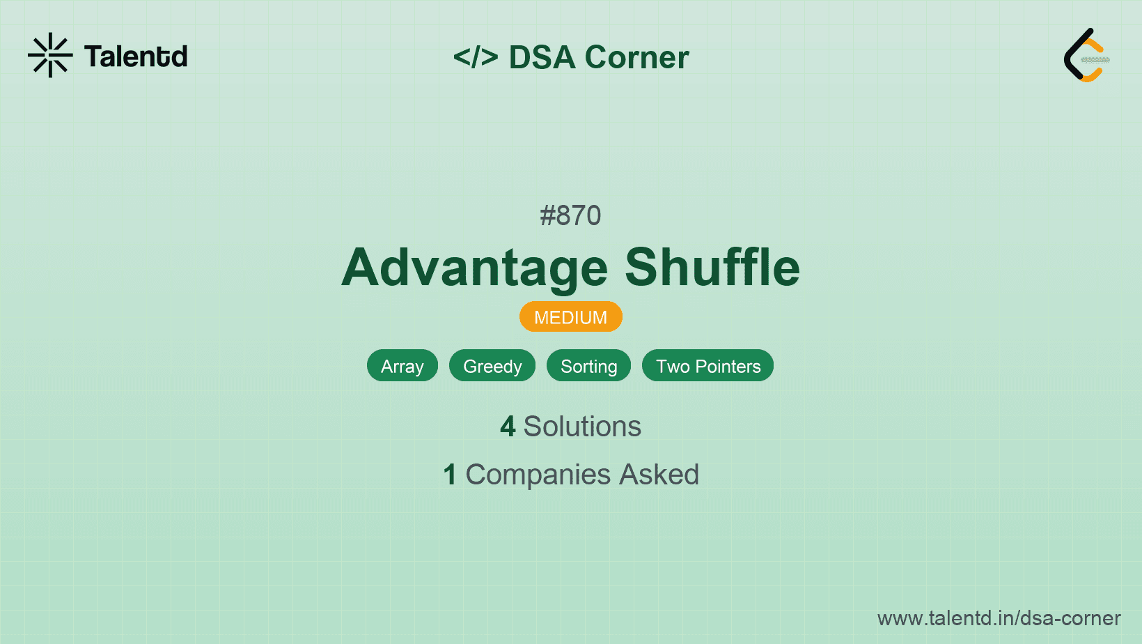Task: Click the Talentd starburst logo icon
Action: [x=50, y=55]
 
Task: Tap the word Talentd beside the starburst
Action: [x=136, y=56]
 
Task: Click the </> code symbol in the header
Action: [x=476, y=56]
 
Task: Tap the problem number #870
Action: [x=570, y=215]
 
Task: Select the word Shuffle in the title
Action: [x=712, y=267]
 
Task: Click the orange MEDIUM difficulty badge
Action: [x=571, y=317]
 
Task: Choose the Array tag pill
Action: [x=402, y=366]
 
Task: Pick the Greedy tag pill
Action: [x=492, y=366]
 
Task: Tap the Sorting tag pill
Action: [x=589, y=366]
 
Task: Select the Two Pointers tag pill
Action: [x=707, y=366]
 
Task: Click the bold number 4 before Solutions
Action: [x=508, y=427]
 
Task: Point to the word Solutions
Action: [x=582, y=427]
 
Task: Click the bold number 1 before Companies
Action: [x=450, y=475]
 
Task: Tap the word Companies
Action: [x=538, y=475]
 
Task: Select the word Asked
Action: [x=659, y=474]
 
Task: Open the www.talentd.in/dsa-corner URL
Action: [x=999, y=618]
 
